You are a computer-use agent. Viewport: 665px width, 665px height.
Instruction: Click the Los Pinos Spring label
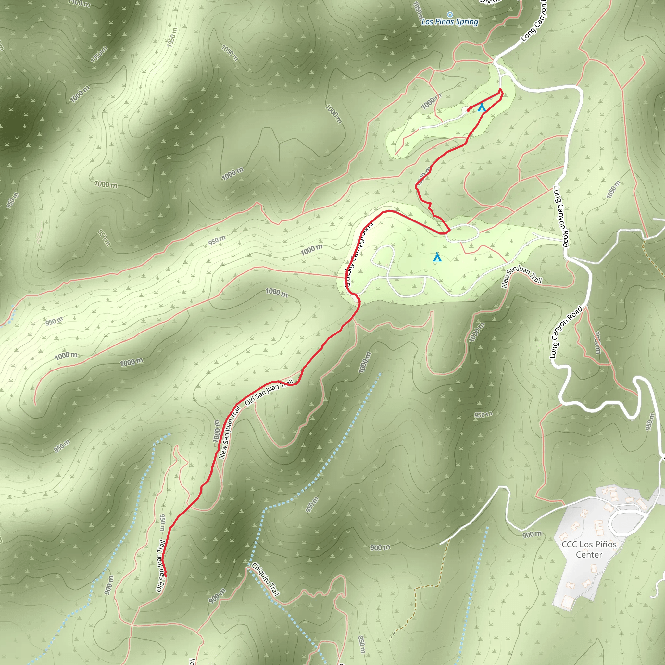point(450,22)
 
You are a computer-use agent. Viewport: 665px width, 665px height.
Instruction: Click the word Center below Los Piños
point(589,555)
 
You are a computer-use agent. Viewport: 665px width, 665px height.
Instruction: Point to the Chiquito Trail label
point(265,579)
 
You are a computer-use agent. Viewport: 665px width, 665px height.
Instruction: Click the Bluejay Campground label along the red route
point(358,254)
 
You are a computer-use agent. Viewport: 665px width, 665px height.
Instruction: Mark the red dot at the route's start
point(469,110)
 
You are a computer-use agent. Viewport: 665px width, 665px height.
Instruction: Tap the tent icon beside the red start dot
point(482,107)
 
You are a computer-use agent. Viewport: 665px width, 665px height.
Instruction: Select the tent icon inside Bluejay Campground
point(437,257)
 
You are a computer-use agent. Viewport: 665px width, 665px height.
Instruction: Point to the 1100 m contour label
point(80,4)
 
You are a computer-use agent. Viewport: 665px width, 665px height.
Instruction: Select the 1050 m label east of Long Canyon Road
point(613,189)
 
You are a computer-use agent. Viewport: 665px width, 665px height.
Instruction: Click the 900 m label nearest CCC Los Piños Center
point(532,534)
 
